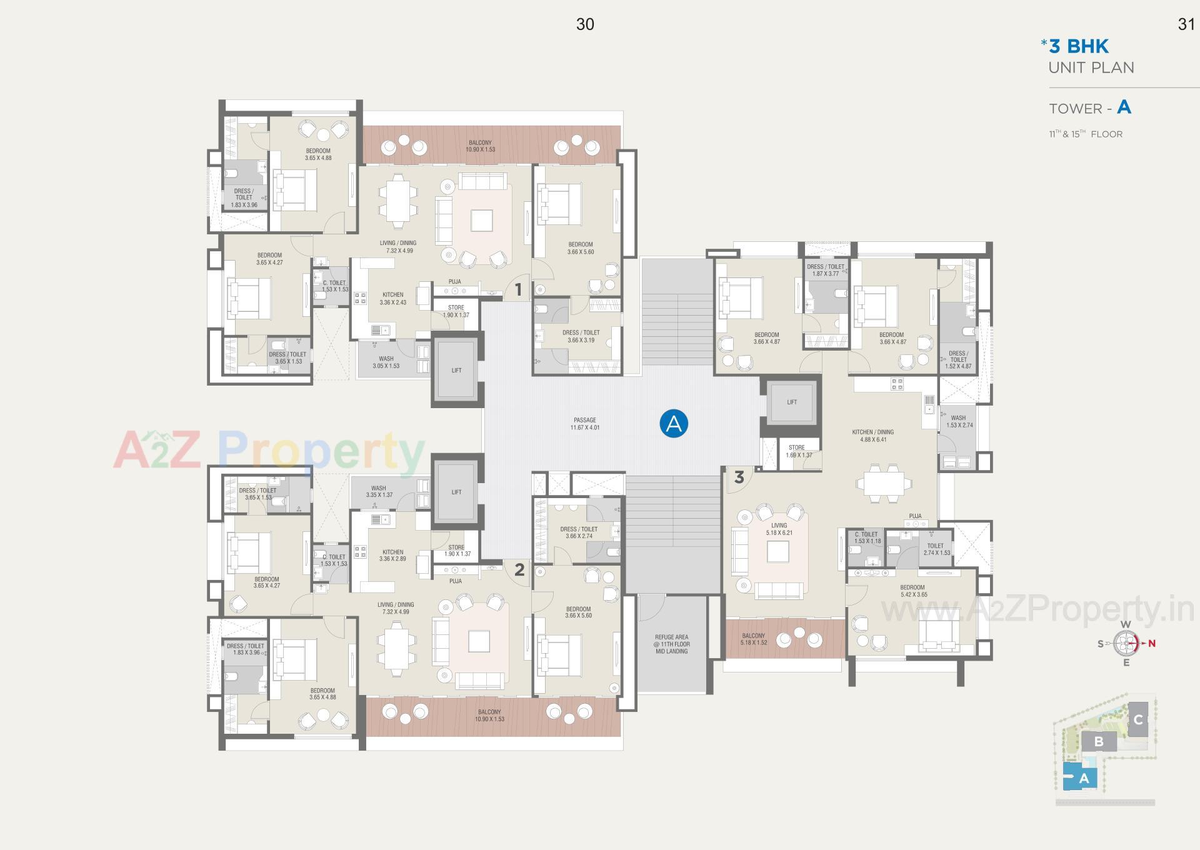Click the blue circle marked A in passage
(x=674, y=424)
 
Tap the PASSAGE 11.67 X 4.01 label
(x=584, y=424)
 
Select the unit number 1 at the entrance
(x=517, y=289)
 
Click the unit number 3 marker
(x=739, y=477)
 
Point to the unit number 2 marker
(x=519, y=569)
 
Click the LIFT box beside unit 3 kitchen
(x=792, y=402)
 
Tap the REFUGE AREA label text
(x=671, y=644)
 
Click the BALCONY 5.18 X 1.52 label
(x=753, y=639)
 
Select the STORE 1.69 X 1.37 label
(x=796, y=451)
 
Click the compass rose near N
(x=1127, y=642)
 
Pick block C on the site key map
(x=1137, y=719)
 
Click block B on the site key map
(x=1098, y=742)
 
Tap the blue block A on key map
(x=1083, y=779)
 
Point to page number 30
(x=584, y=24)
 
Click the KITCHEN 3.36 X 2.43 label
(x=392, y=298)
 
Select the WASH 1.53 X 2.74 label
(x=959, y=421)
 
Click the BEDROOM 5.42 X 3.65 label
(x=912, y=591)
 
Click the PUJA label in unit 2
(x=455, y=581)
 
